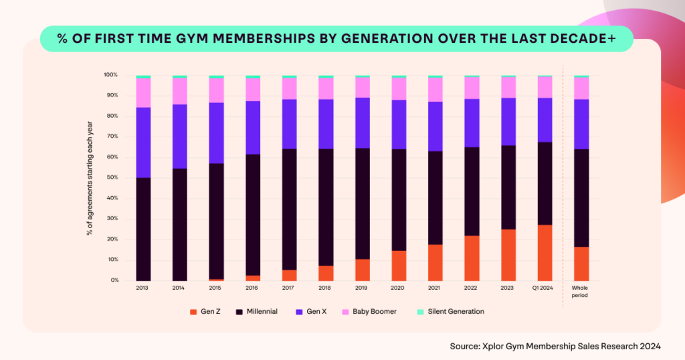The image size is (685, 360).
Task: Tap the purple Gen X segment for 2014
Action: [179, 137]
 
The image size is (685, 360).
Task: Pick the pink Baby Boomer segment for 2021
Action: [435, 90]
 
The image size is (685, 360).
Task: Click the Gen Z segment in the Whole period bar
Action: [581, 264]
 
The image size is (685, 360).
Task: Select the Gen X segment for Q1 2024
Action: [545, 120]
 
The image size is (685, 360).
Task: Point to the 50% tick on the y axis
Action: [110, 177]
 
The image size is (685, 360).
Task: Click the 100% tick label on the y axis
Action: [110, 75]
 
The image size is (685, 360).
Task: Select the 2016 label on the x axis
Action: [252, 288]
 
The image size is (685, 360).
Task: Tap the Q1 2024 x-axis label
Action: [545, 288]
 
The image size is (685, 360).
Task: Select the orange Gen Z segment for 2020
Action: [399, 266]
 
